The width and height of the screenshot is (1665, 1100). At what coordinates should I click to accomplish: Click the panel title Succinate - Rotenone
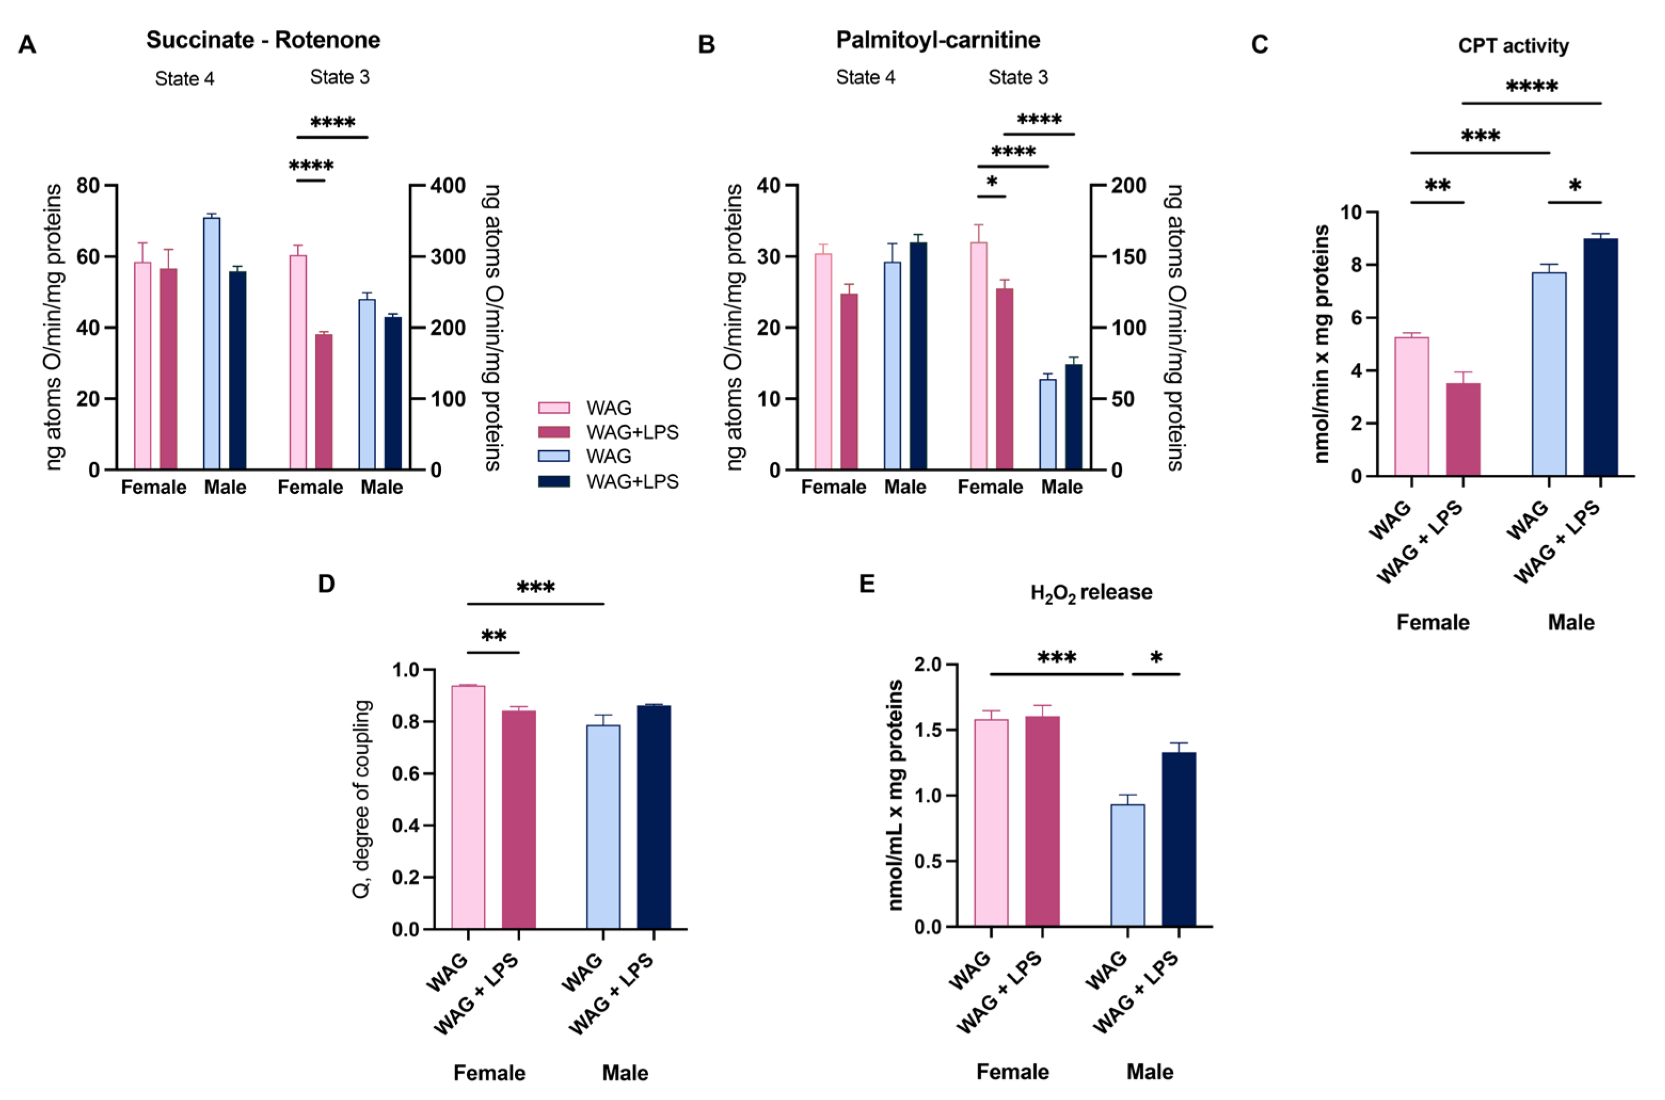point(263,40)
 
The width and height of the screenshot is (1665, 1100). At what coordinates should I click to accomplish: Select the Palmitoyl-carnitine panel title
point(938,40)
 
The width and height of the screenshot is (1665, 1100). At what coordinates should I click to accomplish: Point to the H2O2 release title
point(1090,593)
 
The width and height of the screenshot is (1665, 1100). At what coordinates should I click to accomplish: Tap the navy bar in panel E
point(1179,839)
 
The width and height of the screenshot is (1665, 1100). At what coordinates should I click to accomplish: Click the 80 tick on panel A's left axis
point(89,186)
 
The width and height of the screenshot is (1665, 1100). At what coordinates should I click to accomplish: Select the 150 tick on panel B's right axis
point(1128,257)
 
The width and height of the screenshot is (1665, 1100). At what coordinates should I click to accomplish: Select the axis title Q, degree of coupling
point(362,799)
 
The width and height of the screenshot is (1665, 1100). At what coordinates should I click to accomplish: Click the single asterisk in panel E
point(1156,658)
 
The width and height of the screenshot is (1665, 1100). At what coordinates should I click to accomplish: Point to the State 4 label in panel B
point(865,77)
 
